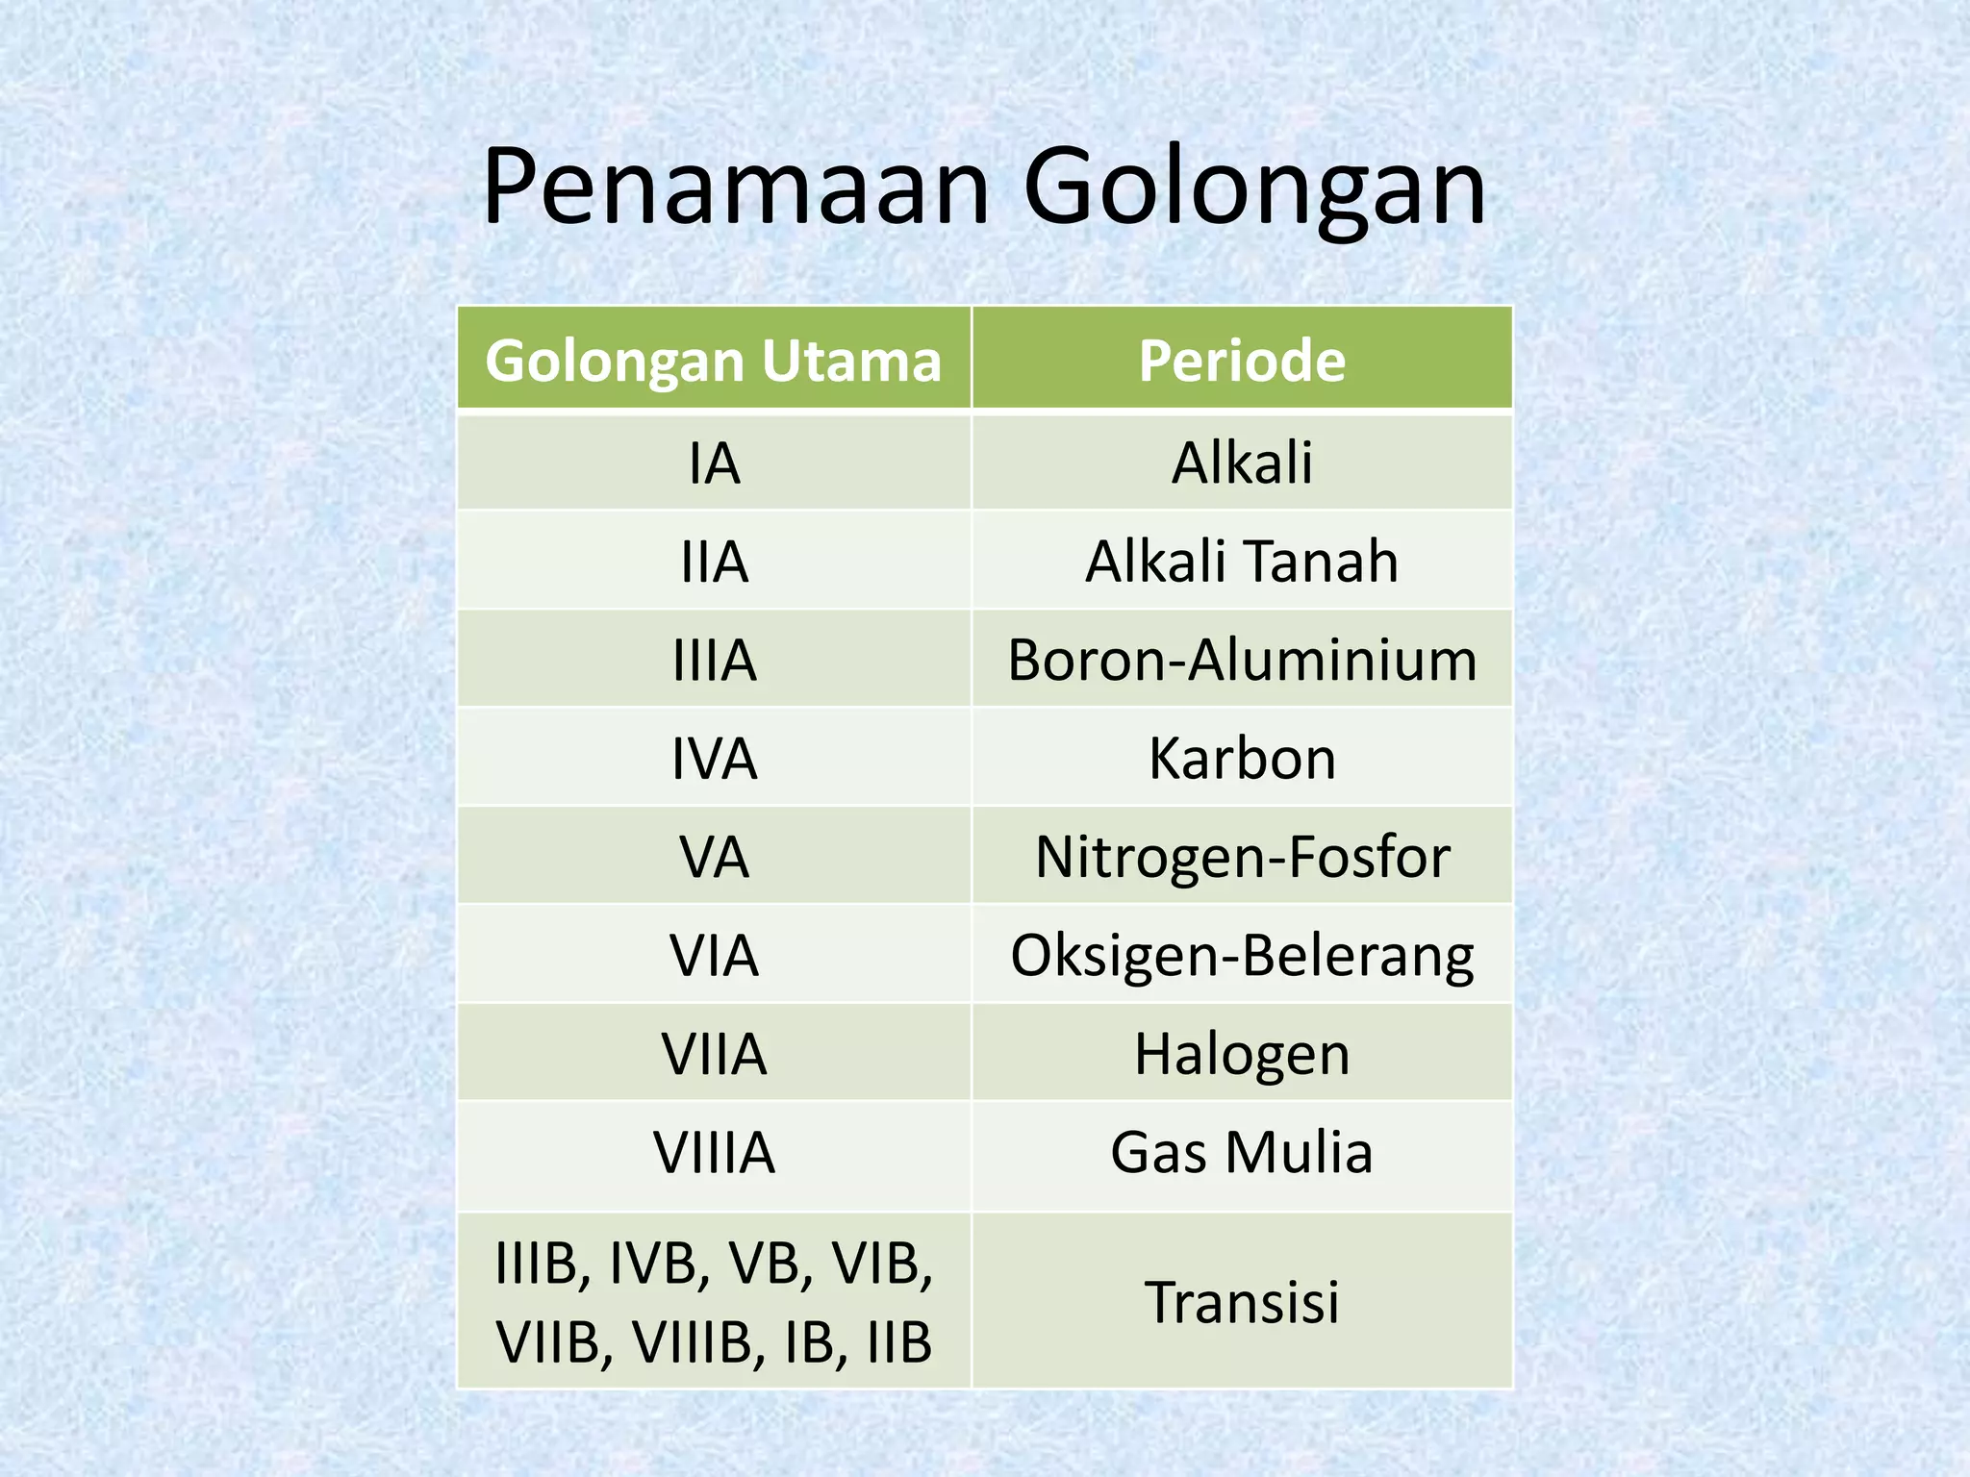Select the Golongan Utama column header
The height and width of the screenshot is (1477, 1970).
tap(714, 361)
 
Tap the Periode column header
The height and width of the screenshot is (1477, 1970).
tap(1242, 361)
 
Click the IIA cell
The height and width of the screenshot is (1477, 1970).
tap(714, 562)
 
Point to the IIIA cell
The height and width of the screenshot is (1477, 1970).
tap(714, 661)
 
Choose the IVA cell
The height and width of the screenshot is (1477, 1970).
tap(714, 759)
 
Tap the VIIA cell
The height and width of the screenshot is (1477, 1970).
tap(714, 1054)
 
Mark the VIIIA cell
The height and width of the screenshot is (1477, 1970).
tap(714, 1153)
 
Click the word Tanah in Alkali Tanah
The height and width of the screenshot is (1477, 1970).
tap(1322, 562)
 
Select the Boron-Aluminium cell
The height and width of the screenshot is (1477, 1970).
tap(1242, 661)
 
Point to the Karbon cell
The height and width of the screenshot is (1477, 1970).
tap(1242, 759)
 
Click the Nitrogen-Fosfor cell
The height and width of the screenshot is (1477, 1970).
tap(1242, 857)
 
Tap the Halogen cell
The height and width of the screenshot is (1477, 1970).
tap(1242, 1054)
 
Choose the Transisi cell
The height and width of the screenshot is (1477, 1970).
tap(1242, 1302)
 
